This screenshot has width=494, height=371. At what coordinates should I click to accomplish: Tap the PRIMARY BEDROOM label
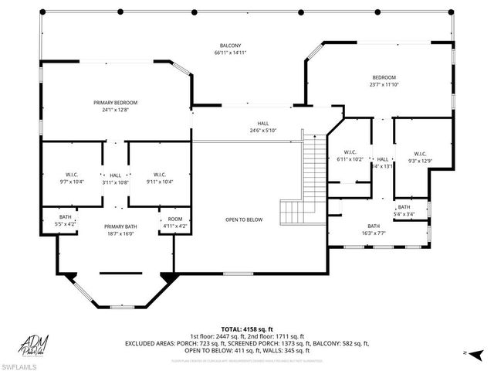click(115, 102)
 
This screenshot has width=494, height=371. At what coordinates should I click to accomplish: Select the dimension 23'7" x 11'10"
click(384, 85)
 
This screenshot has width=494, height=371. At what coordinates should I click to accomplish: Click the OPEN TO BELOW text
click(244, 220)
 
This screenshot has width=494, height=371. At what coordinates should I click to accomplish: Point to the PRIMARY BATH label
click(120, 226)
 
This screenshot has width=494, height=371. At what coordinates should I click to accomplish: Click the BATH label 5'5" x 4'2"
click(66, 219)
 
